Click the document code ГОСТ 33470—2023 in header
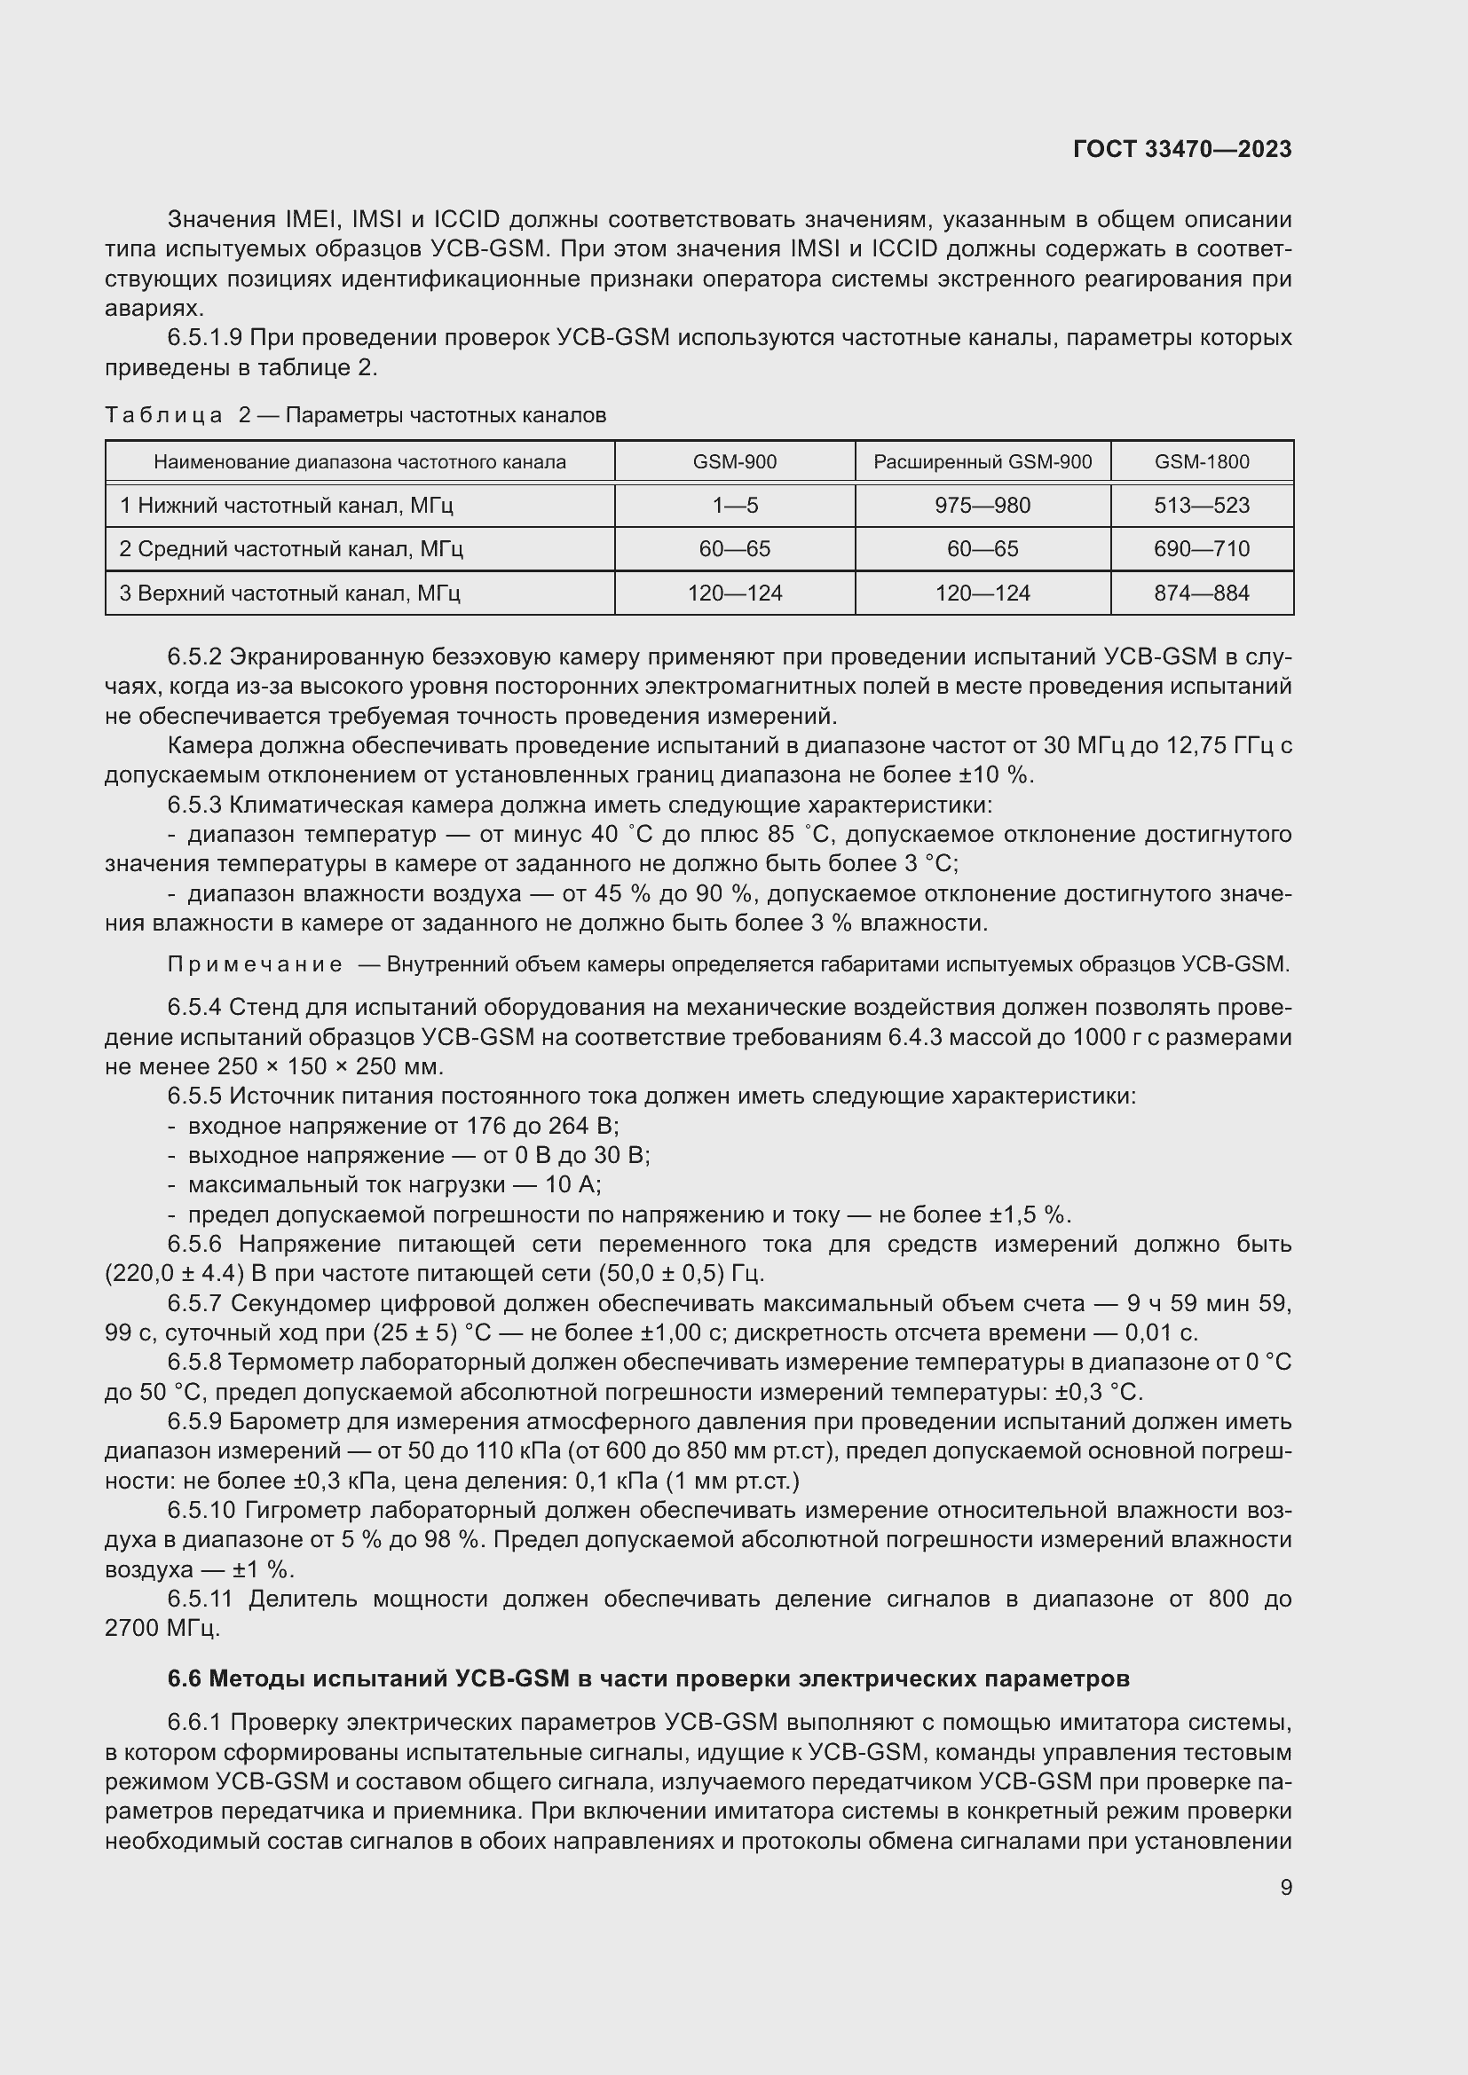(x=1181, y=149)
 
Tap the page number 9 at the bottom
(x=1285, y=1887)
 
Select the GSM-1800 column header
(x=1202, y=462)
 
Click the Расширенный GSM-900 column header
(x=982, y=462)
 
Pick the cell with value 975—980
(x=982, y=505)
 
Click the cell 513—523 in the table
(x=1202, y=505)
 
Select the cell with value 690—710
(x=1202, y=548)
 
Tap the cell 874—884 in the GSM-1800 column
(x=1202, y=593)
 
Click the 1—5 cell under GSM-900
(x=734, y=505)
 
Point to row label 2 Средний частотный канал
(x=291, y=548)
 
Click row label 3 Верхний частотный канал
(x=289, y=593)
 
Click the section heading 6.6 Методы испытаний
(x=648, y=1678)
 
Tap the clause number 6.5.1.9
(x=204, y=338)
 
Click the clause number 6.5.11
(x=200, y=1599)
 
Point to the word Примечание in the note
(x=255, y=964)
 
